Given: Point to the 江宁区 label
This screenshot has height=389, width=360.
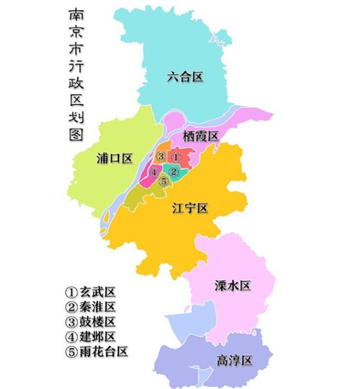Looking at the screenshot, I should pyautogui.click(x=190, y=209).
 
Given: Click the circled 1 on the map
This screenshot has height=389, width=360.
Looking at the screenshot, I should pyautogui.click(x=174, y=157).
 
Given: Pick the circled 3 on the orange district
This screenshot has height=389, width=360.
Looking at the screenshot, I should pyautogui.click(x=161, y=157).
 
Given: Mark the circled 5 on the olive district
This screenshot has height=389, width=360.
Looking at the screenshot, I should pyautogui.click(x=164, y=182).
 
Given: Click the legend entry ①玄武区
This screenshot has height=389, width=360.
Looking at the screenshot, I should pyautogui.click(x=90, y=292).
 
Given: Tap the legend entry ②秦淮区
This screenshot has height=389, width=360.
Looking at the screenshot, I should pyautogui.click(x=90, y=307).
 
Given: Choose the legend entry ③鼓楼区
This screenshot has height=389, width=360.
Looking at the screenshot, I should pyautogui.click(x=90, y=321).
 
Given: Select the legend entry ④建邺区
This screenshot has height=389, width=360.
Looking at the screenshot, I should pyautogui.click(x=90, y=336).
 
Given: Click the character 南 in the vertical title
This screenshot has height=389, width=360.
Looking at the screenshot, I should pyautogui.click(x=75, y=16).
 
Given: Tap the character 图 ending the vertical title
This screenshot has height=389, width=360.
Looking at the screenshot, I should pyautogui.click(x=75, y=134).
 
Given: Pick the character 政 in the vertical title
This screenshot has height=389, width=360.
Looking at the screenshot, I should pyautogui.click(x=75, y=84).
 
